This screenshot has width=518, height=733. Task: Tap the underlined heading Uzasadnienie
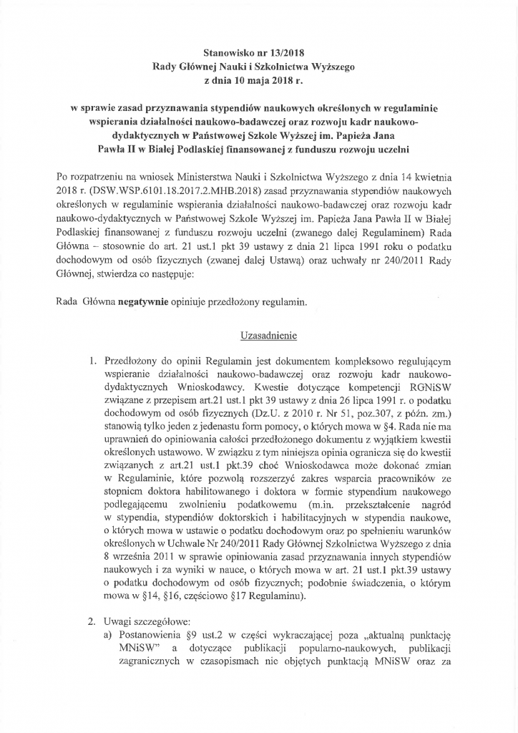[258, 335]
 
